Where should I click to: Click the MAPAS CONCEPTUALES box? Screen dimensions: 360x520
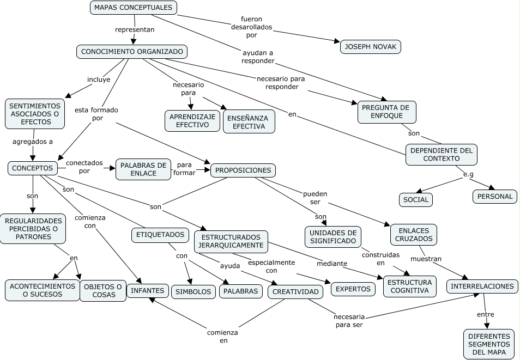tap(133, 8)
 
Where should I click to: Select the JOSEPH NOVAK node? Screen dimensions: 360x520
tap(371, 47)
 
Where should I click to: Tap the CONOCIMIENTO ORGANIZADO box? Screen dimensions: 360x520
tap(132, 52)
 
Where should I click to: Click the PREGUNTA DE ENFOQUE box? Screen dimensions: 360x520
tap(387, 112)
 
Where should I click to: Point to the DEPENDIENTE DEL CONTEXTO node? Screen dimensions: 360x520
tap(442, 155)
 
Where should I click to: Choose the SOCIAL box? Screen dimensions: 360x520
tap(416, 200)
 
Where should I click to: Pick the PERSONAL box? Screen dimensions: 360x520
tap(495, 197)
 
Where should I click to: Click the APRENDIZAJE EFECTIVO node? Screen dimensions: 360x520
tap(192, 120)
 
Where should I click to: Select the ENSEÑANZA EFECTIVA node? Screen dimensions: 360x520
tap(249, 121)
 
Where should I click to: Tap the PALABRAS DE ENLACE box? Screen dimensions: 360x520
tap(143, 169)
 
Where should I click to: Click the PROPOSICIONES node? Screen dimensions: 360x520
tap(243, 170)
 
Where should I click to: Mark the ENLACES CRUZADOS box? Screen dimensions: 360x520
tap(414, 234)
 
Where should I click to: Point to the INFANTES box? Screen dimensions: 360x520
tap(147, 291)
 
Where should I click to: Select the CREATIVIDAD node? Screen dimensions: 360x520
tap(295, 292)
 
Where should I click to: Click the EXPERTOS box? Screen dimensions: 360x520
tap(353, 289)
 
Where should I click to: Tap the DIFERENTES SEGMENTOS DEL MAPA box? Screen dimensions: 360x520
tap(489, 344)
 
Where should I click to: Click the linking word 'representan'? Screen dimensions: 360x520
tap(135, 29)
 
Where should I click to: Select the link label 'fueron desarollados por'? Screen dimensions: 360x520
tap(252, 27)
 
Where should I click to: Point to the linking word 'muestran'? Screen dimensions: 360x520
tap(426, 259)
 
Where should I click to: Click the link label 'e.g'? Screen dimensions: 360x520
tap(468, 174)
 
